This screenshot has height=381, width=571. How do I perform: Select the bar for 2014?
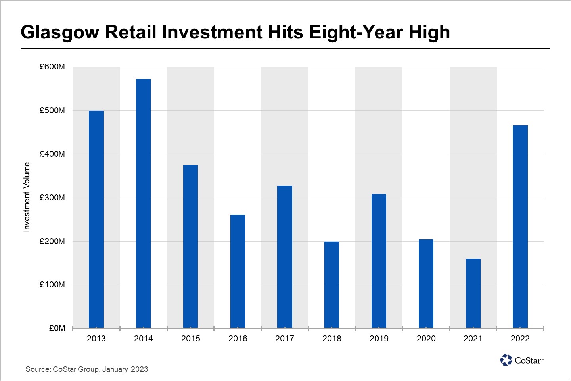[x=143, y=203]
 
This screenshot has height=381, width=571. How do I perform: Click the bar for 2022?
[x=520, y=227]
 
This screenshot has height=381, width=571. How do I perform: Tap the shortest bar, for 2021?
[x=473, y=293]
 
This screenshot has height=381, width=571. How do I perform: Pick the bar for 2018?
[x=331, y=285]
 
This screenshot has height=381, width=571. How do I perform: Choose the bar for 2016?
[x=238, y=271]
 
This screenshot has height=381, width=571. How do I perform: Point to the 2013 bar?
[x=96, y=219]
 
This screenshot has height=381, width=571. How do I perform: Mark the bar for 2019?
[x=379, y=261]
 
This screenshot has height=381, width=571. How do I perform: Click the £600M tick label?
[x=52, y=67]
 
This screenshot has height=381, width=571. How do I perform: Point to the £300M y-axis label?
[x=52, y=198]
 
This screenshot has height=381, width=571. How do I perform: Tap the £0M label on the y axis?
[x=57, y=328]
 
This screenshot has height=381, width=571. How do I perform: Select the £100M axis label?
[x=52, y=285]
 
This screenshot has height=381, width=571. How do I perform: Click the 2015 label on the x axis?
[x=190, y=339]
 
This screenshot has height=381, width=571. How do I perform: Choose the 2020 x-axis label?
[x=426, y=339]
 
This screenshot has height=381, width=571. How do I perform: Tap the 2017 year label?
[x=284, y=339]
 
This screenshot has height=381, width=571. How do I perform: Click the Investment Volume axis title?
[x=27, y=197]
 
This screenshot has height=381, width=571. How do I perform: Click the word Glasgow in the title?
[x=59, y=33]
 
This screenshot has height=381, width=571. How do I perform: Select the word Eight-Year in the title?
[x=356, y=33]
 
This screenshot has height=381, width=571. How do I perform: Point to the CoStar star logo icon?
[x=506, y=360]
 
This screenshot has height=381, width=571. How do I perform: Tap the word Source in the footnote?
[x=38, y=369]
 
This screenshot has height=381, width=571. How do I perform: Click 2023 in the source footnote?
[x=139, y=369]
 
